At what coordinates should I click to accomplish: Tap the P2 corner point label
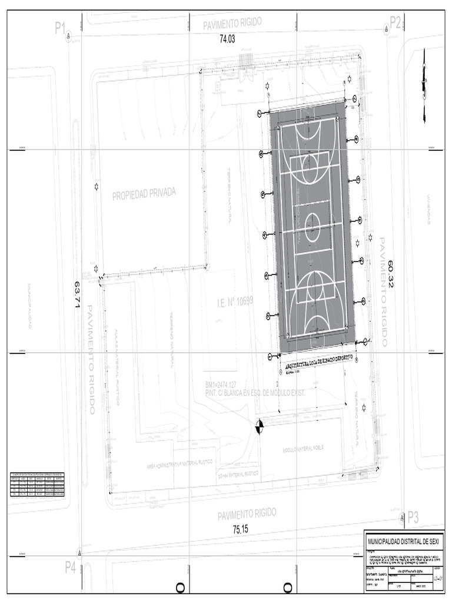(395, 23)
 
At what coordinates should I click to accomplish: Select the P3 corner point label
(413, 518)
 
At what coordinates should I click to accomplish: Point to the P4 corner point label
(71, 567)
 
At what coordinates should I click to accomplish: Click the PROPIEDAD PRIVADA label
(144, 194)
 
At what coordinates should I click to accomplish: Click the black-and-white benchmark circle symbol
(260, 426)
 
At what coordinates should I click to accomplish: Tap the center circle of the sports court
(312, 224)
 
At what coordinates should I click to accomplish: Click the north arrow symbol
(424, 82)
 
